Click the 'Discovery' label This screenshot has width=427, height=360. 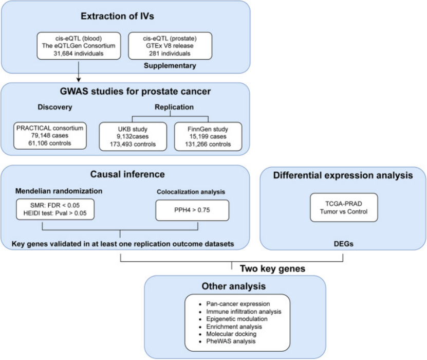click(53, 108)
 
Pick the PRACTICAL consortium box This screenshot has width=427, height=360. click(49, 135)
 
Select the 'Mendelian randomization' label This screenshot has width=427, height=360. click(59, 191)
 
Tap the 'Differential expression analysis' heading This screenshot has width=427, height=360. click(343, 175)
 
